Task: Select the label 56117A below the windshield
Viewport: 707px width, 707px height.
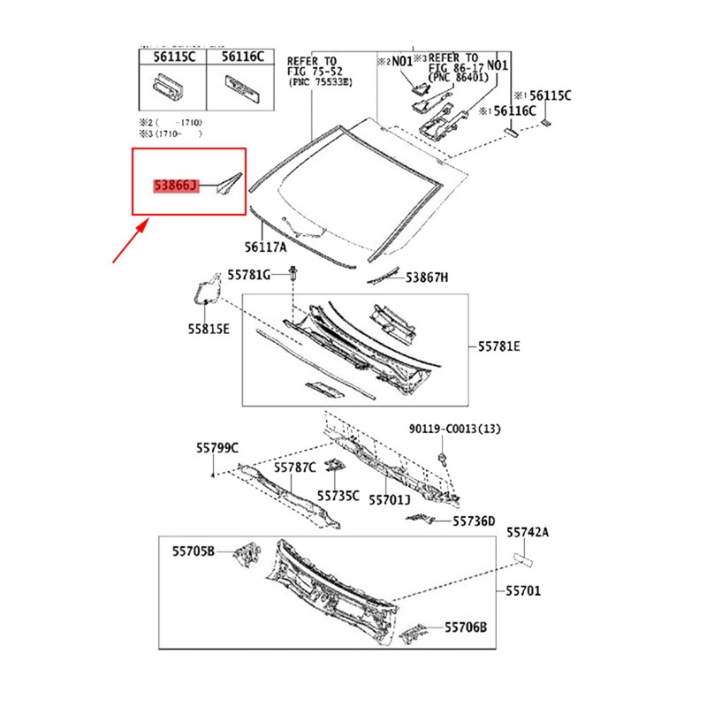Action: point(265,247)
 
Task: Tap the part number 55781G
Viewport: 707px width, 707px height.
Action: point(248,276)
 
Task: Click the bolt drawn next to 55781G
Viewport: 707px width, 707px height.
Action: point(293,275)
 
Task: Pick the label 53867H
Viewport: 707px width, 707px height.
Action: point(427,277)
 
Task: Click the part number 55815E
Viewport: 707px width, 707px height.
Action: point(208,329)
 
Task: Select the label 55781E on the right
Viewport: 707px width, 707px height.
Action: point(499,347)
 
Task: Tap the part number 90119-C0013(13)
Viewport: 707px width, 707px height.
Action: point(467,430)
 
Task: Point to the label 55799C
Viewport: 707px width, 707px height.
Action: point(217,448)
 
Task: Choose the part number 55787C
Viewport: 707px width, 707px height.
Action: point(294,467)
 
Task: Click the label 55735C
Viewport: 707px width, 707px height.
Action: point(338,496)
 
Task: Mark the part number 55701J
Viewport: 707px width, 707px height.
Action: point(389,499)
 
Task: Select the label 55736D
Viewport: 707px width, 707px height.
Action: point(475,521)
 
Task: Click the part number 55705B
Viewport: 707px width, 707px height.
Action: point(194,551)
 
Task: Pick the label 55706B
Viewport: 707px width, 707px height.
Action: point(466,627)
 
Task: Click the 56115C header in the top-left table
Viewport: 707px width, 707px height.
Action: point(171,56)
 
